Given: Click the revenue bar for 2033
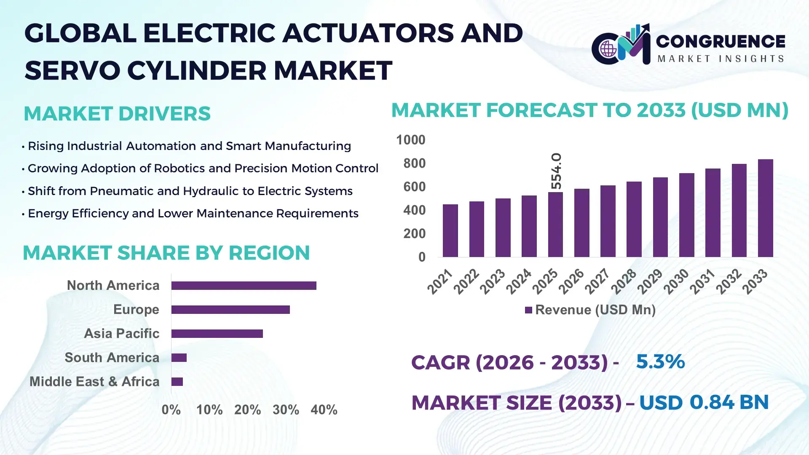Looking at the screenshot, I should (765, 208).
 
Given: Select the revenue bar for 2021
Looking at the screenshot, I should (450, 230).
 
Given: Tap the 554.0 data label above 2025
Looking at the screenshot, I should (556, 171).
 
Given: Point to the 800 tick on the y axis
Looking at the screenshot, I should (414, 163).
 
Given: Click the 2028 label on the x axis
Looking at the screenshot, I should (624, 281).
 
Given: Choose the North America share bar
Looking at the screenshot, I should (244, 286).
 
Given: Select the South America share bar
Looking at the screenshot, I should (179, 358).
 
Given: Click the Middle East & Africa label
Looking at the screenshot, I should (94, 382).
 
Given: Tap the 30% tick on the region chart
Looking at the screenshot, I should (286, 410).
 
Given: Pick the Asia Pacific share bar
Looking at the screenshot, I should (217, 334).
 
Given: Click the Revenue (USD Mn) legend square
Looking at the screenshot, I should (528, 310).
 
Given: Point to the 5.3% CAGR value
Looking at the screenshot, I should (660, 362).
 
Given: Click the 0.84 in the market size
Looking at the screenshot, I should (712, 402).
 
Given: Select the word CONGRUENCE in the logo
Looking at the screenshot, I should (721, 41).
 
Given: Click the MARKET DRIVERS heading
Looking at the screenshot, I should (117, 114).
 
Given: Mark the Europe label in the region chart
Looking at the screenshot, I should (136, 310).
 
